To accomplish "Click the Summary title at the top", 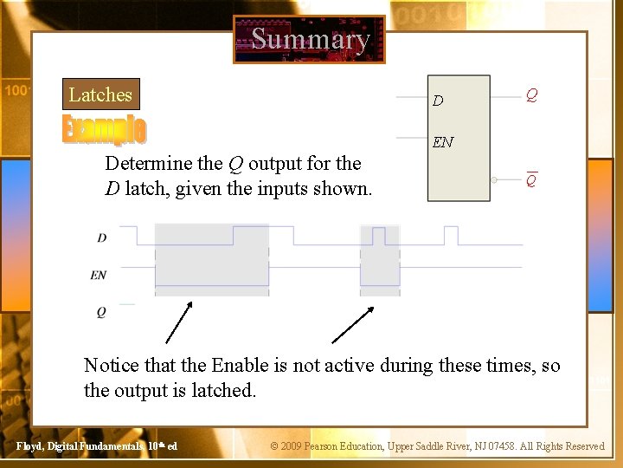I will (310, 39).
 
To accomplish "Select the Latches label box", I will (100, 94).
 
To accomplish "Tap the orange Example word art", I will (104, 128).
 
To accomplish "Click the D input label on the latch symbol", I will (438, 101).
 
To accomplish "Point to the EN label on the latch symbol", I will (442, 142).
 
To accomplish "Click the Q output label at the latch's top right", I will (532, 94).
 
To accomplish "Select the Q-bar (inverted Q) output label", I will (532, 180).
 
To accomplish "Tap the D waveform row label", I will (102, 237).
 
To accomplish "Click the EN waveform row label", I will (99, 275).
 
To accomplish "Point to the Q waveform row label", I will (101, 312).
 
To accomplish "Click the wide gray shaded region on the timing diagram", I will (211, 255).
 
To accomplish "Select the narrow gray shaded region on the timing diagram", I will (380, 255).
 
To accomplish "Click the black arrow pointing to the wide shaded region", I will (178, 323).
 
